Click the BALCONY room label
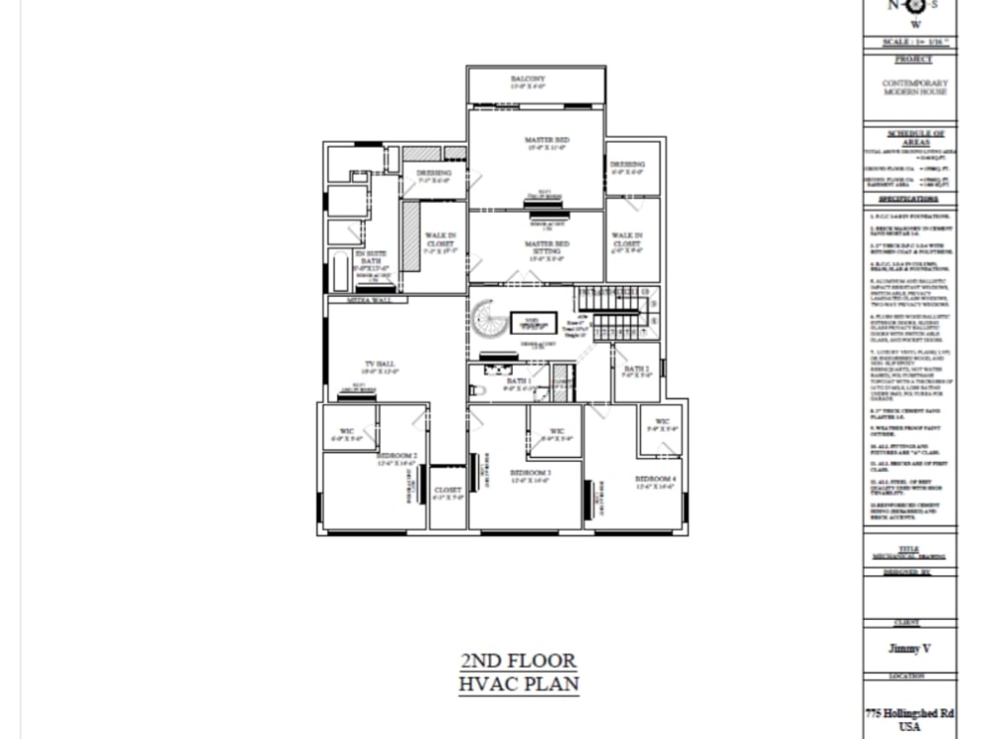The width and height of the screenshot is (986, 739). [528, 79]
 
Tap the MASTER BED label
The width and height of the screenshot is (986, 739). [546, 141]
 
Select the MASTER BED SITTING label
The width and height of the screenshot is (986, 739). [546, 247]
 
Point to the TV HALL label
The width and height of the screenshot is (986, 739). [379, 365]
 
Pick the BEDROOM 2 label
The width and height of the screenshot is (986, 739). [397, 455]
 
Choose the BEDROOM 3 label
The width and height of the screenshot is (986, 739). [529, 474]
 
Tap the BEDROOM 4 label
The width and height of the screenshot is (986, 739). [655, 480]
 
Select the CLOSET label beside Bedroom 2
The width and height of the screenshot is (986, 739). [447, 490]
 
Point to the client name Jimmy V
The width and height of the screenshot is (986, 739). [908, 648]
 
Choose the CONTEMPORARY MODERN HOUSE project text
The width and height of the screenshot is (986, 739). [914, 87]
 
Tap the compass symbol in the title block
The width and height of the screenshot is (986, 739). [914, 5]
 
